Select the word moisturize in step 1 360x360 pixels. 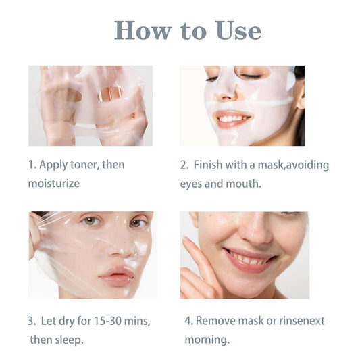coord(54,183)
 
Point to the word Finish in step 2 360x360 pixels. coord(210,165)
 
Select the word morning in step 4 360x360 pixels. coord(207,339)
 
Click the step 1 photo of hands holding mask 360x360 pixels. coord(90,105)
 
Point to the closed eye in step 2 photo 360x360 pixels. coord(251,76)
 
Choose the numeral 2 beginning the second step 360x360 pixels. coord(184,165)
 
